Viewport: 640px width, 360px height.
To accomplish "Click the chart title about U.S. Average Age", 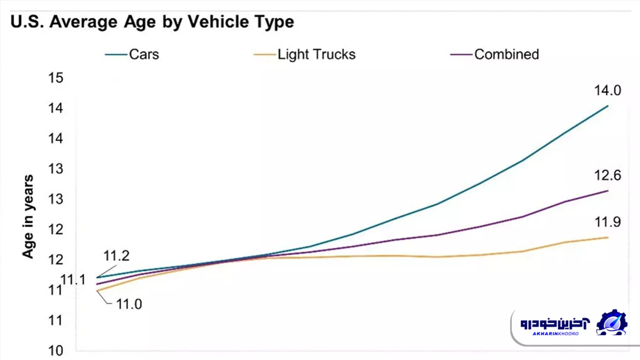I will tap(152, 21).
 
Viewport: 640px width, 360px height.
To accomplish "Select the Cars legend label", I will tap(144, 54).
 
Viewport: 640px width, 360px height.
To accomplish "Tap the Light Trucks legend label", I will tap(316, 54).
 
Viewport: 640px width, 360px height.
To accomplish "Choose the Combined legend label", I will tap(506, 54).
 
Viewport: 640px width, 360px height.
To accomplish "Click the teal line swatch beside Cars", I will tap(116, 55).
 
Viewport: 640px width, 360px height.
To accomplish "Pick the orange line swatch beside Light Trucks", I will tap(265, 55).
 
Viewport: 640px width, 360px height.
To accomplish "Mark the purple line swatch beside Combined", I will tap(461, 55).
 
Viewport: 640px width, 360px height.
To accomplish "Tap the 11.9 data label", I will tap(607, 222).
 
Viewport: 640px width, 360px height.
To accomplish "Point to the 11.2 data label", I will tap(116, 256).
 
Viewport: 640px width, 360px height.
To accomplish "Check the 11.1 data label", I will tap(73, 280).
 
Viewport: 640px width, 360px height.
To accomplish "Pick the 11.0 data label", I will tap(129, 304).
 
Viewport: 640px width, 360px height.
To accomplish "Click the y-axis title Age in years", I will tap(28, 217).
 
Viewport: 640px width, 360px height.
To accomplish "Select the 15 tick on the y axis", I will tap(56, 78).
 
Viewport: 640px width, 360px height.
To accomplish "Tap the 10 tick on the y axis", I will tap(56, 350).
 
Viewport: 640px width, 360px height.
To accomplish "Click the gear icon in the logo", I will tap(612, 322).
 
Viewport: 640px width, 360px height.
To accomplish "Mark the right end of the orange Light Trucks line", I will tap(607, 237).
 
